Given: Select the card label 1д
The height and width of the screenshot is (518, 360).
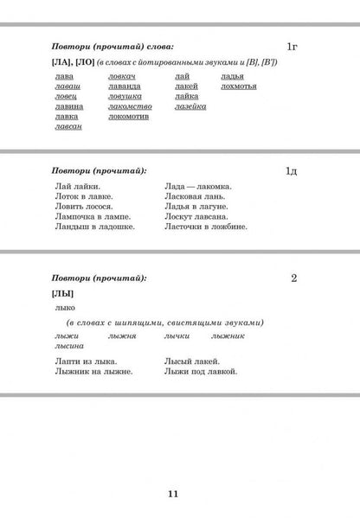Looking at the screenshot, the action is (293, 172).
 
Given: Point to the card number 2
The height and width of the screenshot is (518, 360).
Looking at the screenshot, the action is (295, 278).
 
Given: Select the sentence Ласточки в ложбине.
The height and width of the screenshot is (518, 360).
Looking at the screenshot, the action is (205, 227).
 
